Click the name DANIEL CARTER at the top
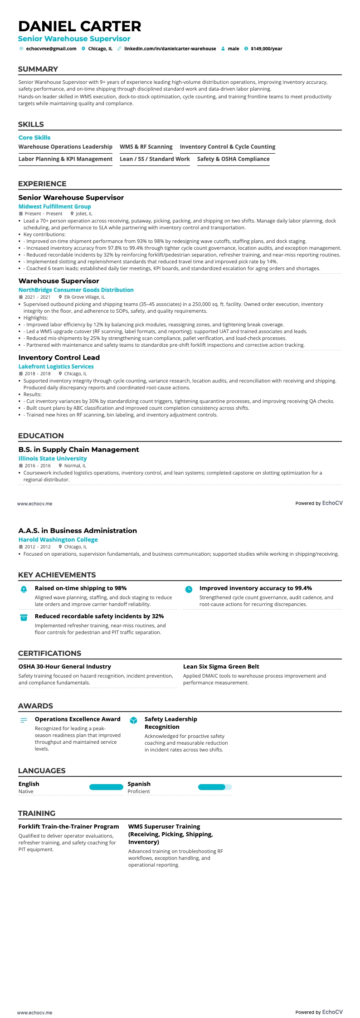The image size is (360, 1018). coord(80,26)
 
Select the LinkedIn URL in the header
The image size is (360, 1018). coord(170,49)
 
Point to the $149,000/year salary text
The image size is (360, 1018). coord(266,49)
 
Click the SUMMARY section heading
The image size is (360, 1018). coord(38,69)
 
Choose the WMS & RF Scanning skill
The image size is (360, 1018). coord(146,147)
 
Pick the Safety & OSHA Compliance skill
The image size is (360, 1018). coord(233,159)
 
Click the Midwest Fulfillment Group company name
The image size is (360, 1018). coord(54,207)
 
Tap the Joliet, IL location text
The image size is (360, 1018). coord(84,214)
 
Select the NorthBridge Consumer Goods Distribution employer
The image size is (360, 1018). coord(76,290)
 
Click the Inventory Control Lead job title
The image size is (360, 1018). coord(59,358)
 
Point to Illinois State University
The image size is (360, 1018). coord(53,459)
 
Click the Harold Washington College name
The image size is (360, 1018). coord(58,540)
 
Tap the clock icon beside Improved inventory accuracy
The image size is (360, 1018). coord(189,589)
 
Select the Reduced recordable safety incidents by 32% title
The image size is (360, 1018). coord(99,616)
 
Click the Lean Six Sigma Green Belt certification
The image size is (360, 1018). coord(221,667)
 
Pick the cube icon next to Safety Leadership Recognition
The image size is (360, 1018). coord(133,721)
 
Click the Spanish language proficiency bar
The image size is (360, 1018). coord(214,787)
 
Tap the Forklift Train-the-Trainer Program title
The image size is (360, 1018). coord(68,827)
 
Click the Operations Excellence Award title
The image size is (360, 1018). coord(78,719)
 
